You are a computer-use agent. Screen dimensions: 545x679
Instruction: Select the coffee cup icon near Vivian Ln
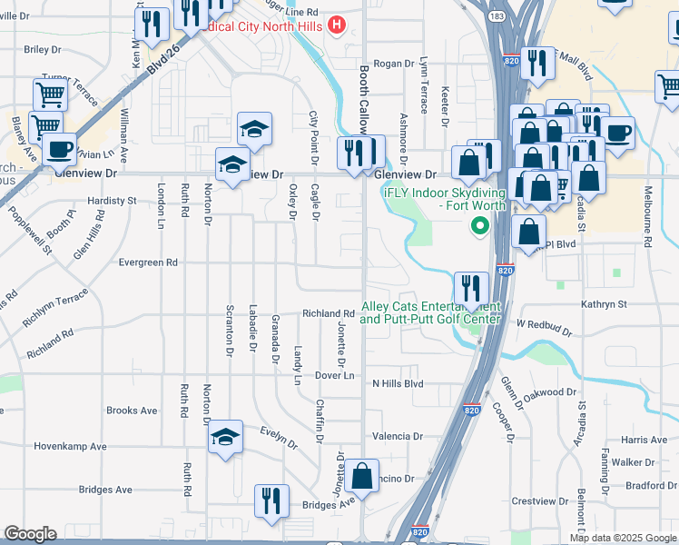60,148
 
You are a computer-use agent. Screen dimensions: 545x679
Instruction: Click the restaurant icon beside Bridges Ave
271,501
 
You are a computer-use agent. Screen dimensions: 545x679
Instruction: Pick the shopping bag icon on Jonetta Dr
361,477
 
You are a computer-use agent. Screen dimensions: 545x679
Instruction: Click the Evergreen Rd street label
148,263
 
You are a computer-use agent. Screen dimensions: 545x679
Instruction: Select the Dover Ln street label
334,375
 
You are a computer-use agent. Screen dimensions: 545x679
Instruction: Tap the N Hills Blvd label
398,384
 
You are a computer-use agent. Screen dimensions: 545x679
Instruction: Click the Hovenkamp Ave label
70,446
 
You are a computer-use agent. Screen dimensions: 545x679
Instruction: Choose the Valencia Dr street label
391,436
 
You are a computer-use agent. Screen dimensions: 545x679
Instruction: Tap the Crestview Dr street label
538,500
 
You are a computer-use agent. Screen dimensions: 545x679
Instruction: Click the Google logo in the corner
30,534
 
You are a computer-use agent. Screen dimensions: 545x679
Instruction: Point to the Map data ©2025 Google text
623,537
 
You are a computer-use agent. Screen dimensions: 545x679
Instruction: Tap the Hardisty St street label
112,200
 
